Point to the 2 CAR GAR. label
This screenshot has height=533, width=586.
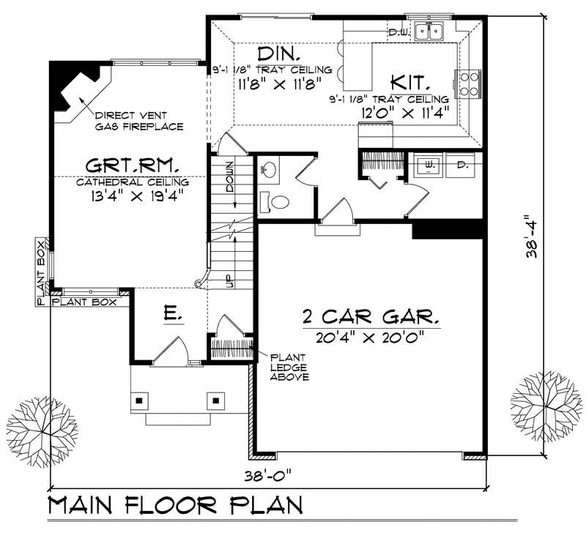371,317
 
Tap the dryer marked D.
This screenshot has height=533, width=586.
461,165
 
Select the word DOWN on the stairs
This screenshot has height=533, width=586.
230,176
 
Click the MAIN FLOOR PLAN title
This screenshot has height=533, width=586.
175,507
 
